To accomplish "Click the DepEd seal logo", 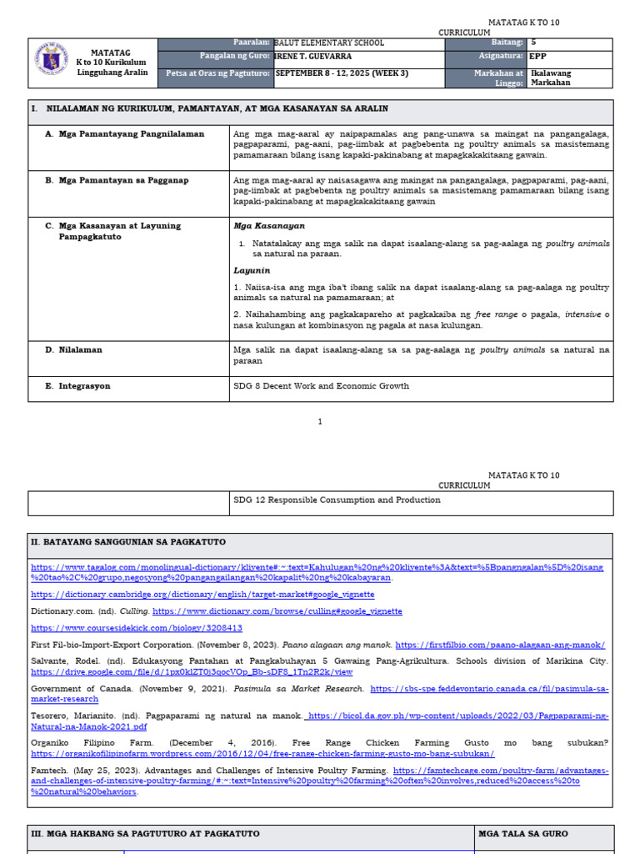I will [x=52, y=62].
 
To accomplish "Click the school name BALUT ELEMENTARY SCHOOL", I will [x=329, y=43].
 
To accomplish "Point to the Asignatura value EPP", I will [x=538, y=58].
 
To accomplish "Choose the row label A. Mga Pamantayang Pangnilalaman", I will [x=112, y=133].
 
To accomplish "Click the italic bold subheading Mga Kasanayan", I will [x=257, y=226].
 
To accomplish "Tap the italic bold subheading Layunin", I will [x=250, y=271].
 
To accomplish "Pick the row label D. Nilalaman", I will [x=73, y=350].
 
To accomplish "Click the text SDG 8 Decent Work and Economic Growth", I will [x=322, y=386].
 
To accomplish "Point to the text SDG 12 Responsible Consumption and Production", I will [x=337, y=500].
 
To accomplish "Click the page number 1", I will [x=320, y=422].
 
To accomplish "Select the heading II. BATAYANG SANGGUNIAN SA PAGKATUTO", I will [x=127, y=542].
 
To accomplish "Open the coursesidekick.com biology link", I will [x=137, y=628].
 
